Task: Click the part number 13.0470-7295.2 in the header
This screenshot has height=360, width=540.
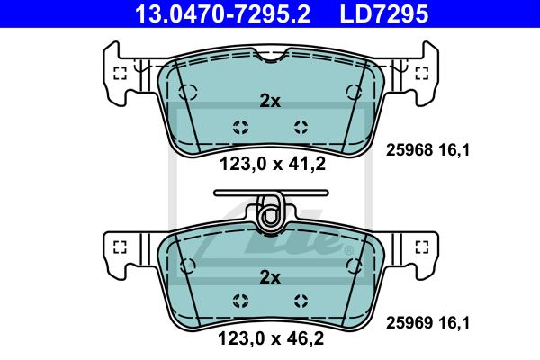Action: [223, 13]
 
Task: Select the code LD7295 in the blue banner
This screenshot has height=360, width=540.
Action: [384, 13]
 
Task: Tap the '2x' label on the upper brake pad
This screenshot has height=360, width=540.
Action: [270, 102]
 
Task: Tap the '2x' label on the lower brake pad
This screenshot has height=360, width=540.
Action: [270, 277]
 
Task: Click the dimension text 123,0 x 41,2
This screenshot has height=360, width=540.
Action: [273, 164]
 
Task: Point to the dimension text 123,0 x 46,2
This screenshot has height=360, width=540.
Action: [271, 338]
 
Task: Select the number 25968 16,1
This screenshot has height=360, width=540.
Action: [427, 150]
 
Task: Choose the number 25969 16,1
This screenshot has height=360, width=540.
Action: [427, 323]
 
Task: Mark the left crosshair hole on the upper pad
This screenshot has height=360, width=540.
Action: [240, 127]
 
